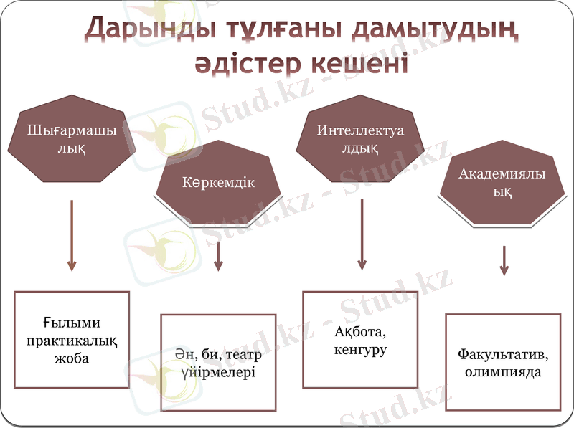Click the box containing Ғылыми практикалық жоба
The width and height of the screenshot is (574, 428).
coord(72,339)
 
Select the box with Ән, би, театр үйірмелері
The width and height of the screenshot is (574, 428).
coord(218,362)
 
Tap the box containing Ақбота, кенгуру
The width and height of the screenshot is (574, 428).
coord(360,340)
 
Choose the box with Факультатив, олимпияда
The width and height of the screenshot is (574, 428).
coord(502,362)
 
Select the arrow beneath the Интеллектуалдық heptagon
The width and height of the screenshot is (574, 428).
coord(362,234)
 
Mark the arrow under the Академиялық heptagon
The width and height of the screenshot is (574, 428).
coord(504,260)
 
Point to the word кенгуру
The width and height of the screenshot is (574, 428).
coord(360,351)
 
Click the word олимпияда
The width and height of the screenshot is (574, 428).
coord(502,373)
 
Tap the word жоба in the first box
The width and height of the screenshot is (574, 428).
coord(72,358)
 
